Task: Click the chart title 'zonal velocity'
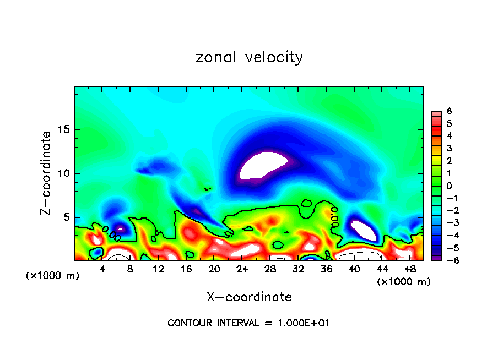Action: point(249,57)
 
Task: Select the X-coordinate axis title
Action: point(249,297)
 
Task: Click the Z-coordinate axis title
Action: point(46,173)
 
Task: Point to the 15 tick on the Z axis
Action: point(63,130)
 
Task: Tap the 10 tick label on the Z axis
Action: point(63,173)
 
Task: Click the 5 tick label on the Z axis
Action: point(67,217)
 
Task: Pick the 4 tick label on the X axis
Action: point(102,269)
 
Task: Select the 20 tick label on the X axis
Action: point(214,269)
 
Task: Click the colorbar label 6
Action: point(450,111)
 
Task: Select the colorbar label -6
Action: point(448,260)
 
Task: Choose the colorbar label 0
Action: point(450,186)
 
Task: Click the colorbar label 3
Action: point(450,148)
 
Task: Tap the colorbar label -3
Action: point(448,222)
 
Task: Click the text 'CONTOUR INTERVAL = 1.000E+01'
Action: point(248,323)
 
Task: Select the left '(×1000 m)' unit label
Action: point(53,275)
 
